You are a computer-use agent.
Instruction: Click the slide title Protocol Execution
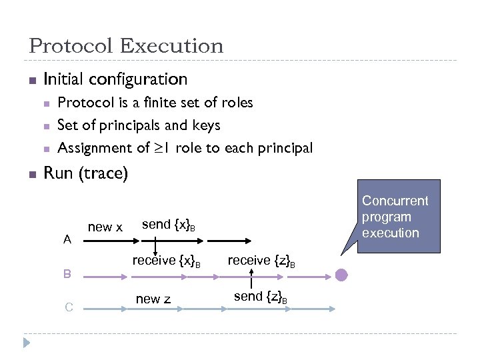(126, 46)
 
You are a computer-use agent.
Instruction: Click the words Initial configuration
(115, 79)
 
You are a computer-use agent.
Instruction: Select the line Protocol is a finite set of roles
(155, 103)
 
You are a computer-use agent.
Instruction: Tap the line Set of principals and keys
(139, 125)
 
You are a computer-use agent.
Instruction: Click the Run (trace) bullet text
(85, 173)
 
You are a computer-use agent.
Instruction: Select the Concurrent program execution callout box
(397, 216)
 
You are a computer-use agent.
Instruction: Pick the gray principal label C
(69, 307)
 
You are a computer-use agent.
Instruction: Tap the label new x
(105, 227)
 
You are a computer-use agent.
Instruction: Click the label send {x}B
(169, 225)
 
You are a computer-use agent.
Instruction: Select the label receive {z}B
(261, 261)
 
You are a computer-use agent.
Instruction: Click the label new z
(153, 299)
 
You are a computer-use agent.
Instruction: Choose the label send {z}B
(261, 297)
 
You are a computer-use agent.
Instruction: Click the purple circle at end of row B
(341, 274)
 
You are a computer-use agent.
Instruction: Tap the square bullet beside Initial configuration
(31, 81)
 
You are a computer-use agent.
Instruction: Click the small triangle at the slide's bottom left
(26, 343)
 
